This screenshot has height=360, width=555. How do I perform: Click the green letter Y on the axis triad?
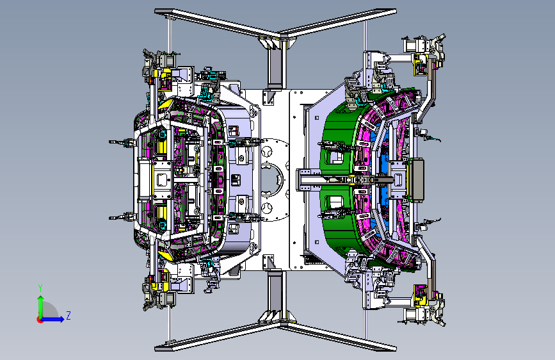click(40, 288)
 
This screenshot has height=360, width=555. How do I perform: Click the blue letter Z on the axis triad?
click(68, 315)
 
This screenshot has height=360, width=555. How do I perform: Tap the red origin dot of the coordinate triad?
click(40, 320)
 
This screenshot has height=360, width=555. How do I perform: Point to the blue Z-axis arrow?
click(52, 319)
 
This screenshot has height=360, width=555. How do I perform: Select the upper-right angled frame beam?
click(338, 22)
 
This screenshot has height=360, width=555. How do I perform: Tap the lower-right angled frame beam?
click(338, 337)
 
